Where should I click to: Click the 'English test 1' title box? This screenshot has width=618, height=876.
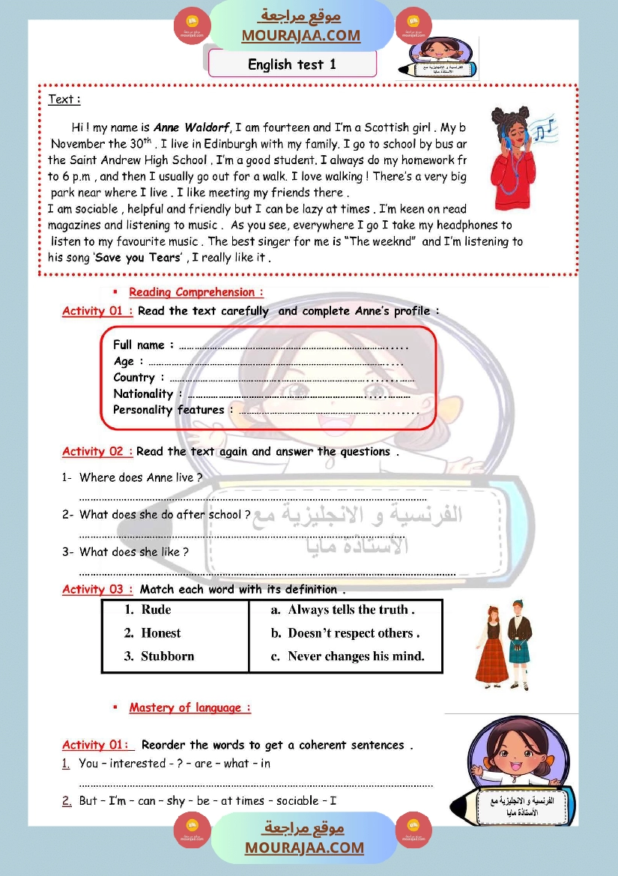(292, 64)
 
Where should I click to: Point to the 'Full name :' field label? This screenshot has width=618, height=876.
(143, 345)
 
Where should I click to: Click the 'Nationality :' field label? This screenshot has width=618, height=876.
(148, 393)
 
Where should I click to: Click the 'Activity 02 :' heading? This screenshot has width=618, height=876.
(97, 452)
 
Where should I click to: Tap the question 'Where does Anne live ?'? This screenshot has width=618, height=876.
(141, 477)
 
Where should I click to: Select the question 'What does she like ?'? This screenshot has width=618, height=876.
(133, 552)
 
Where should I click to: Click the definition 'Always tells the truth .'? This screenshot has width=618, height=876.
(351, 610)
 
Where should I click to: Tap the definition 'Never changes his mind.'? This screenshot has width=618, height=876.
(356, 656)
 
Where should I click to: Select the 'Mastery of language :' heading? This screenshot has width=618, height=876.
(190, 707)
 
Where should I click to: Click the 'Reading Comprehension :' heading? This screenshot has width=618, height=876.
(196, 292)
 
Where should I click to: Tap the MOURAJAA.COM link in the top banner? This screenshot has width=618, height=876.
(300, 35)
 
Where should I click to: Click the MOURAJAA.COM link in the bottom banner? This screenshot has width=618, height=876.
(303, 848)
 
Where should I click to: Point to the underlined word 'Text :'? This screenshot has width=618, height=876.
(64, 99)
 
